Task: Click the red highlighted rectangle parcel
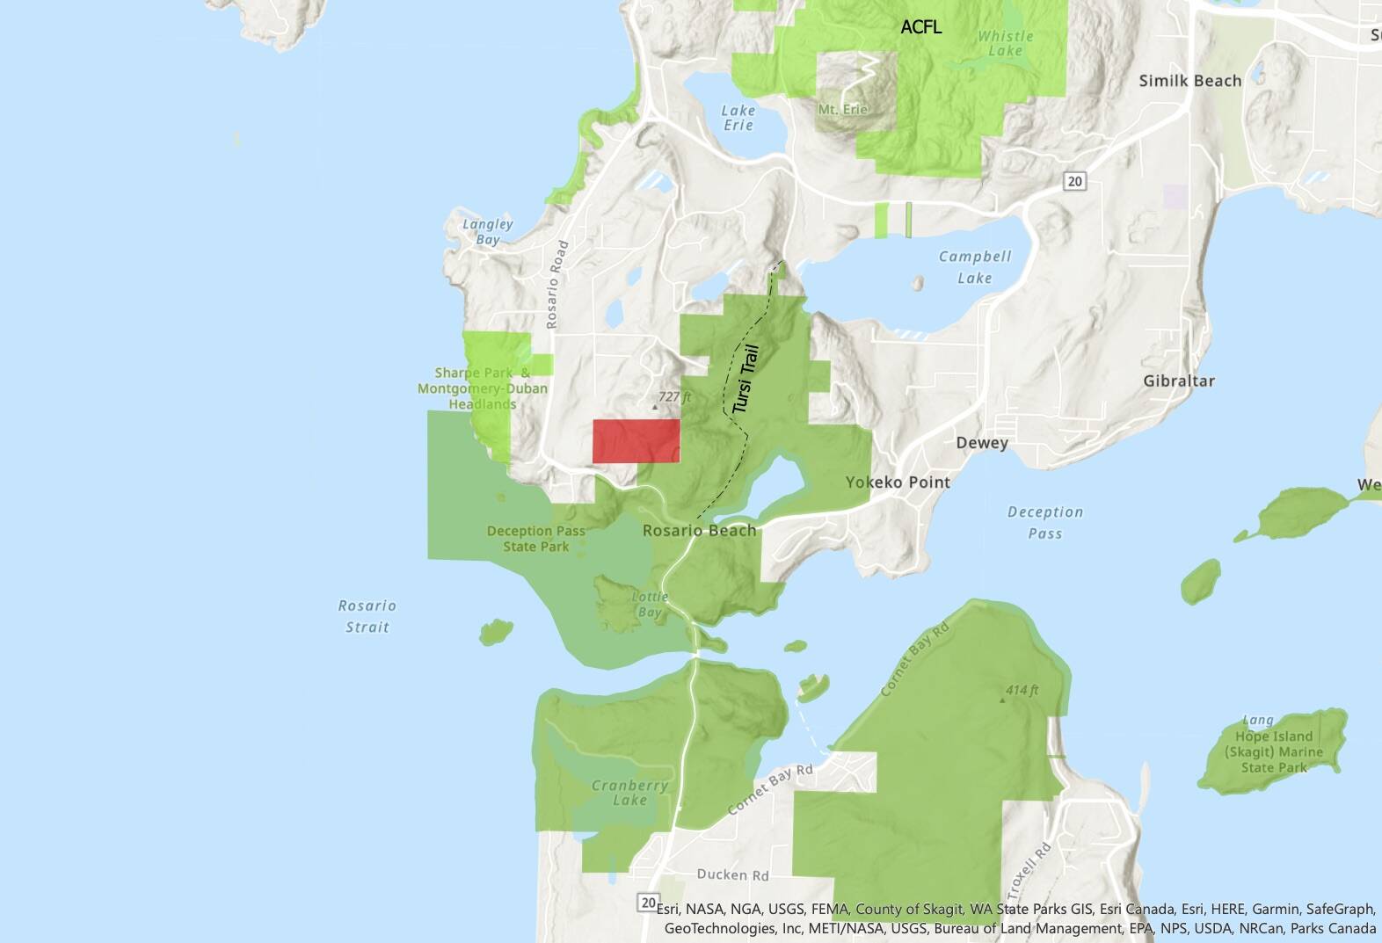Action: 636,440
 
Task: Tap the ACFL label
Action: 920,27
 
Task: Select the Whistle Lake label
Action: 1005,43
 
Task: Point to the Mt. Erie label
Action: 842,109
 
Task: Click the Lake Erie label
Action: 738,118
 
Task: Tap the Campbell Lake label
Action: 974,267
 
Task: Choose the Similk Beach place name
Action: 1189,81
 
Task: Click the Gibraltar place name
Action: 1179,381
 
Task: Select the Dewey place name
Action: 981,443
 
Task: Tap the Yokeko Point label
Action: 898,482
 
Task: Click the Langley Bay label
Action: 487,232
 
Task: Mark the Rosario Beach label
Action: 699,530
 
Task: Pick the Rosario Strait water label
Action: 367,616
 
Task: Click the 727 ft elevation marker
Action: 674,397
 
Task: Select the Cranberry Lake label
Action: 629,793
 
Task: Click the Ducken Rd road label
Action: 732,874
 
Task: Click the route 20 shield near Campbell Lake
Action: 1074,181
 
